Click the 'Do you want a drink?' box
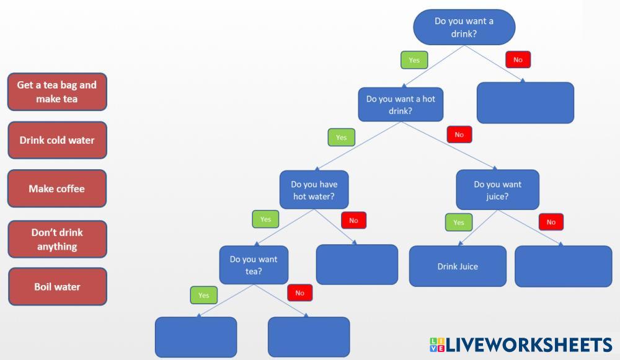[x=464, y=27]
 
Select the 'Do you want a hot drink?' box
[x=401, y=104]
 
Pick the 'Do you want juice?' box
[x=497, y=190]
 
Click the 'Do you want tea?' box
[x=254, y=265]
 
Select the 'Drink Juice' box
[x=458, y=266]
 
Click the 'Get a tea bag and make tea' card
[x=57, y=92]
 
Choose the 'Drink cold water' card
[x=57, y=140]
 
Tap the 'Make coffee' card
[x=57, y=188]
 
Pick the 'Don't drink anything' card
[x=57, y=239]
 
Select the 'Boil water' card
[x=57, y=287]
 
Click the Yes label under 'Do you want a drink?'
[x=414, y=60]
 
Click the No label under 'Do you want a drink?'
[x=518, y=60]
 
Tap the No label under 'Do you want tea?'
[x=299, y=292]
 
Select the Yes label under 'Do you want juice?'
[x=458, y=222]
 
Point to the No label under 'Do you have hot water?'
[x=353, y=220]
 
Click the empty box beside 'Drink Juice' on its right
[x=563, y=266]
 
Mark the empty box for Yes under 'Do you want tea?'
[x=196, y=337]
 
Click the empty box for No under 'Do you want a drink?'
[x=525, y=103]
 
